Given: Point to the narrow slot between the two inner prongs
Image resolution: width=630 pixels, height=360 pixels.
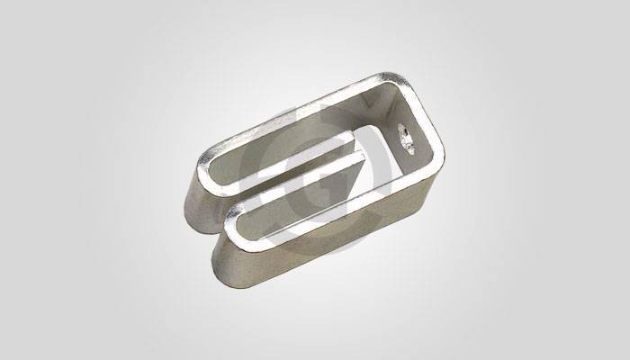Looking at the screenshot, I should (297, 180).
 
